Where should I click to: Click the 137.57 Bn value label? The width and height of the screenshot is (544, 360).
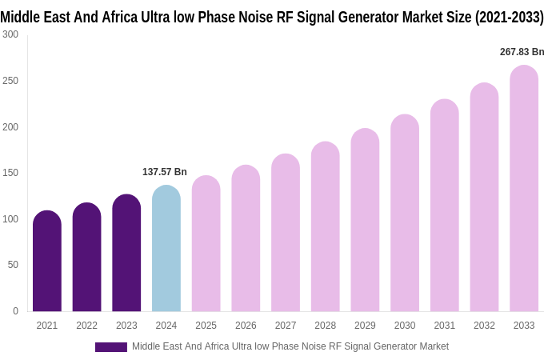click(x=165, y=172)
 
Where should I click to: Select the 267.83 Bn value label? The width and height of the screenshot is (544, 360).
click(x=522, y=52)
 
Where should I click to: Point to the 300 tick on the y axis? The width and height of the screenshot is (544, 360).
click(x=10, y=34)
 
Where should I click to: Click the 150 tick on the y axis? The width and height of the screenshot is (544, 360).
click(x=10, y=173)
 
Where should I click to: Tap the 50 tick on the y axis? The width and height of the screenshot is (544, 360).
click(x=13, y=265)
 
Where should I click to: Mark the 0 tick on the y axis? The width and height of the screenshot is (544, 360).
click(x=15, y=311)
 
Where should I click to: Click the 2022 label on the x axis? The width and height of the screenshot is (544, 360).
click(x=86, y=326)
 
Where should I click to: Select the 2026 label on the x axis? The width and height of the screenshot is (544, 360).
click(x=246, y=326)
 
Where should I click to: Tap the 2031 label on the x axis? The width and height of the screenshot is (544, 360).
click(x=445, y=326)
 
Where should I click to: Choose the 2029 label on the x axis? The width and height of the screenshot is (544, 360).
click(x=365, y=326)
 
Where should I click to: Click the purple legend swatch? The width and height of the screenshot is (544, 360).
click(x=110, y=347)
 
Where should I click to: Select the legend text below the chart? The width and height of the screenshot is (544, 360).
click(x=290, y=346)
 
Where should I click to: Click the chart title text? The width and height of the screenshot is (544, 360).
click(x=272, y=17)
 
